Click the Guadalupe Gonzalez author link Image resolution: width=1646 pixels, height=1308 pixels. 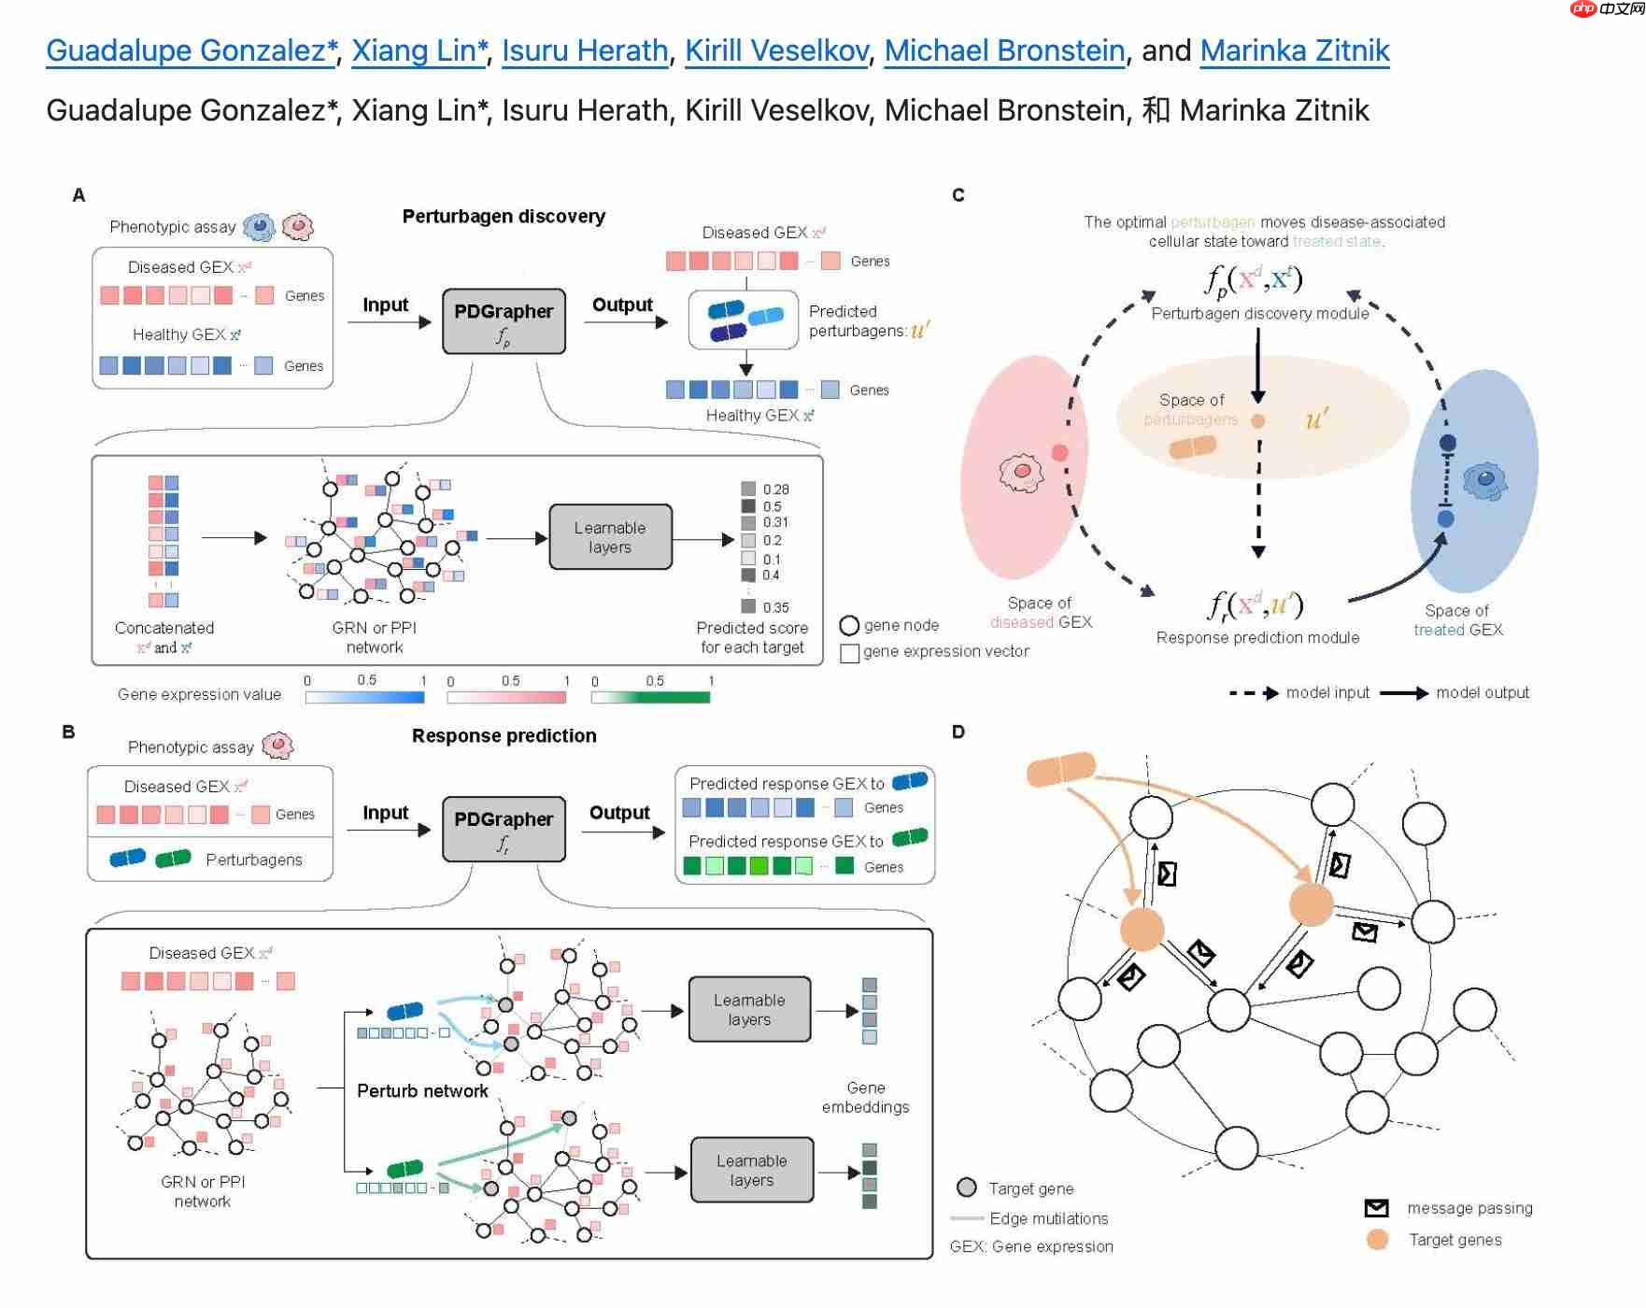[x=191, y=50]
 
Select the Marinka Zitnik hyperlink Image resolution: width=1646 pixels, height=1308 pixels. [x=1294, y=50]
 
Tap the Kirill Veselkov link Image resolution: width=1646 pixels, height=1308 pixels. [x=776, y=50]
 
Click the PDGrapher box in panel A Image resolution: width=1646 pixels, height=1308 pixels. [x=504, y=321]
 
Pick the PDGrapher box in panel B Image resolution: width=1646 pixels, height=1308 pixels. [x=504, y=829]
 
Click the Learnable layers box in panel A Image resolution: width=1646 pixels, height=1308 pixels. [x=610, y=537]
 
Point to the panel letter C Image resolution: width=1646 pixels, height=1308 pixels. [x=958, y=195]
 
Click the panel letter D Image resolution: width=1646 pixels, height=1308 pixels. [x=958, y=732]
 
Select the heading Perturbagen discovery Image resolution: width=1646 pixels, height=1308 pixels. [x=504, y=217]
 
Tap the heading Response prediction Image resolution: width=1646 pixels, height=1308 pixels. [x=504, y=736]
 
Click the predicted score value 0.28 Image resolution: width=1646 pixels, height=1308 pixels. [x=775, y=490]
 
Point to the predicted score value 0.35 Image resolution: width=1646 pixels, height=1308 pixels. [x=775, y=607]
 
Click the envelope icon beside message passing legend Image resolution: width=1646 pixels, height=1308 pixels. [x=1376, y=1208]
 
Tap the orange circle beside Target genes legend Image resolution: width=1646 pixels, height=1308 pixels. [x=1377, y=1240]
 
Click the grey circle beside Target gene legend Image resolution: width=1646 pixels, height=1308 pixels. [x=967, y=1187]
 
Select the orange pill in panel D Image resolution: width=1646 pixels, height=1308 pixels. [x=1061, y=769]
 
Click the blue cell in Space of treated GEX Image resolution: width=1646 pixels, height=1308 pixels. [x=1485, y=482]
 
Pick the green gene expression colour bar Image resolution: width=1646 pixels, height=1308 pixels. [x=651, y=697]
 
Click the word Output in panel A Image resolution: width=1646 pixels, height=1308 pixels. [x=622, y=306]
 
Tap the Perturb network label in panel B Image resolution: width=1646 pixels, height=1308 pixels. [x=422, y=1091]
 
